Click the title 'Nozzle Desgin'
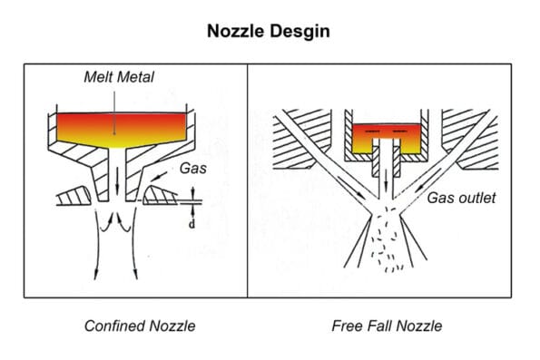[x=270, y=31]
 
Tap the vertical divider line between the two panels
[x=248, y=181]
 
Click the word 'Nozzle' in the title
[x=237, y=31]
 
